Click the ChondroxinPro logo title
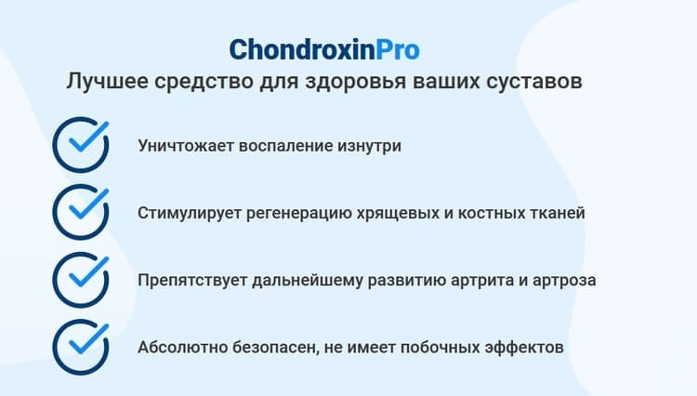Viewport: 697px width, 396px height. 324,49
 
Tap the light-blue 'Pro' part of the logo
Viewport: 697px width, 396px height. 398,49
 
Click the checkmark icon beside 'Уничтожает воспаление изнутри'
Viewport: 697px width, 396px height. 81,145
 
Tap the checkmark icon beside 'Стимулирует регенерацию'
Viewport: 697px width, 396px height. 81,212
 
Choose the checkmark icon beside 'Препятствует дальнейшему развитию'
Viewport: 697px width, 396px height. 81,280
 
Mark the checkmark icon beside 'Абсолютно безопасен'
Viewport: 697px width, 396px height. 81,347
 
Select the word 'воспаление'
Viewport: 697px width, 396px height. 285,146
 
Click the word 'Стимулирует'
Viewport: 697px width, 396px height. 190,213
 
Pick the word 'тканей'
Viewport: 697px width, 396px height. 557,213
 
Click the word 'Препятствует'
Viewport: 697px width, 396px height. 192,281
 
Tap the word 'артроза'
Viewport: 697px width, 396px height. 564,281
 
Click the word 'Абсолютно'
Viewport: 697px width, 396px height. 182,347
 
